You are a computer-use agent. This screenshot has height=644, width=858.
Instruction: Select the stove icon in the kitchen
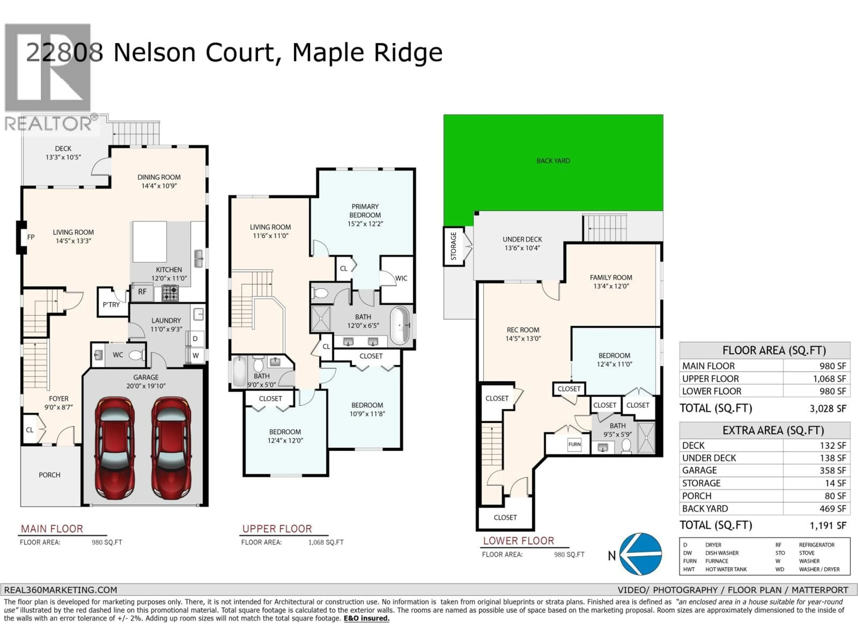click(170, 293)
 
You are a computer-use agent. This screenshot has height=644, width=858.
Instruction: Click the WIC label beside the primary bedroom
click(401, 278)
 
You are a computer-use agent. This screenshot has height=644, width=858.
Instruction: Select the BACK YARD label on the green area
click(553, 161)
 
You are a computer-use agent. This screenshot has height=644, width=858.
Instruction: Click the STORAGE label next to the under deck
click(453, 246)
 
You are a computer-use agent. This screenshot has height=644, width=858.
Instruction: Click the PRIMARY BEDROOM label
click(365, 211)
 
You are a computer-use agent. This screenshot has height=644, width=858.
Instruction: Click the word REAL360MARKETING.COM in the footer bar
click(61, 590)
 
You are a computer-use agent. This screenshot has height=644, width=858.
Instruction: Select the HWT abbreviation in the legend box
click(689, 570)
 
